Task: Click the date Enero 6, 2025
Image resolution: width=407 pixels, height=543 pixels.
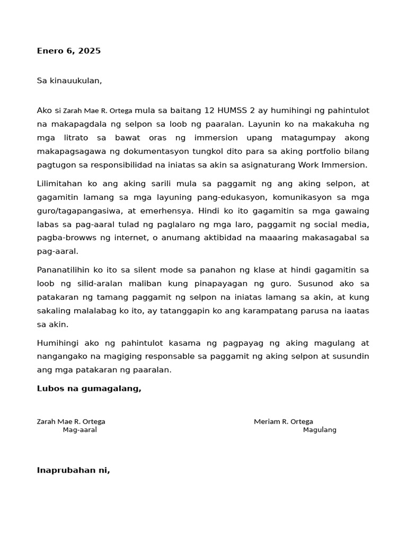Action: tap(68, 51)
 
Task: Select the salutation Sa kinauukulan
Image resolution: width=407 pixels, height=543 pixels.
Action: tap(69, 81)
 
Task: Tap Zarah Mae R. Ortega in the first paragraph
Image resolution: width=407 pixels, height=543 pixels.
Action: tap(98, 111)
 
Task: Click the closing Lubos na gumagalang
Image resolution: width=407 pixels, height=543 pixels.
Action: tap(89, 389)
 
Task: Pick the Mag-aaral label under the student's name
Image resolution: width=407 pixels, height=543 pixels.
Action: tap(79, 430)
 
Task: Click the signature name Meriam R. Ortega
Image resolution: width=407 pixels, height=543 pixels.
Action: tap(283, 422)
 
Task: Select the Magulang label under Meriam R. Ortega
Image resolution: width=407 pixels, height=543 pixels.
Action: tap(320, 430)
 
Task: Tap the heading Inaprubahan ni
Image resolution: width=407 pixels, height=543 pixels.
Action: tap(73, 470)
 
